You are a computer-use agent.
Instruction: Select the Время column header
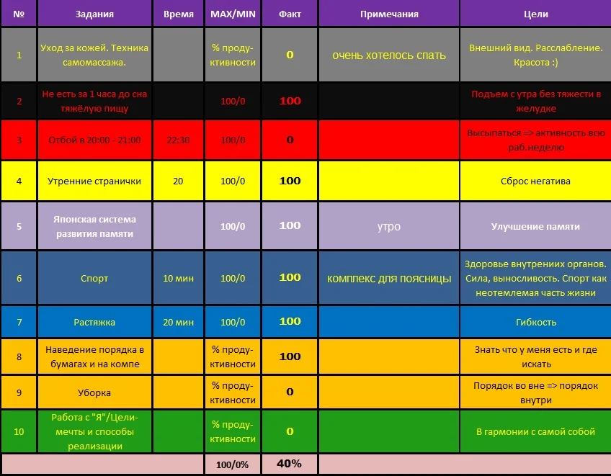coord(178,14)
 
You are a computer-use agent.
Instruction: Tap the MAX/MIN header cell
coord(232,14)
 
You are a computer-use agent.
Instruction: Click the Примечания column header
coord(389,14)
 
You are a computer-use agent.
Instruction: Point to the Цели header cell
coord(535,14)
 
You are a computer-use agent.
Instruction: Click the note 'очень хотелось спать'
coord(389,55)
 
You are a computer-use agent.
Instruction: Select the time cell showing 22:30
coord(178,140)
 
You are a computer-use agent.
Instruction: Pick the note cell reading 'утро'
coord(389,226)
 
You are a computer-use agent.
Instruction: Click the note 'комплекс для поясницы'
coord(389,278)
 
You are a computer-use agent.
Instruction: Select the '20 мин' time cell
coord(178,322)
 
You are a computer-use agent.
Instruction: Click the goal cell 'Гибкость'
coord(535,322)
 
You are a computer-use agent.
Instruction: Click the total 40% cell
coord(289,464)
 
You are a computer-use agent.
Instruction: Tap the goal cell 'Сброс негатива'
coord(535,181)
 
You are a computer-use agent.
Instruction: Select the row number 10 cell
coord(19,431)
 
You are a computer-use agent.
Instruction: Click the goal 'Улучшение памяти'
coord(535,226)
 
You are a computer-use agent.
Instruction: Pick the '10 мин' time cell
coord(178,278)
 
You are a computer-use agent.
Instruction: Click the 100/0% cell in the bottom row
coord(232,465)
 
